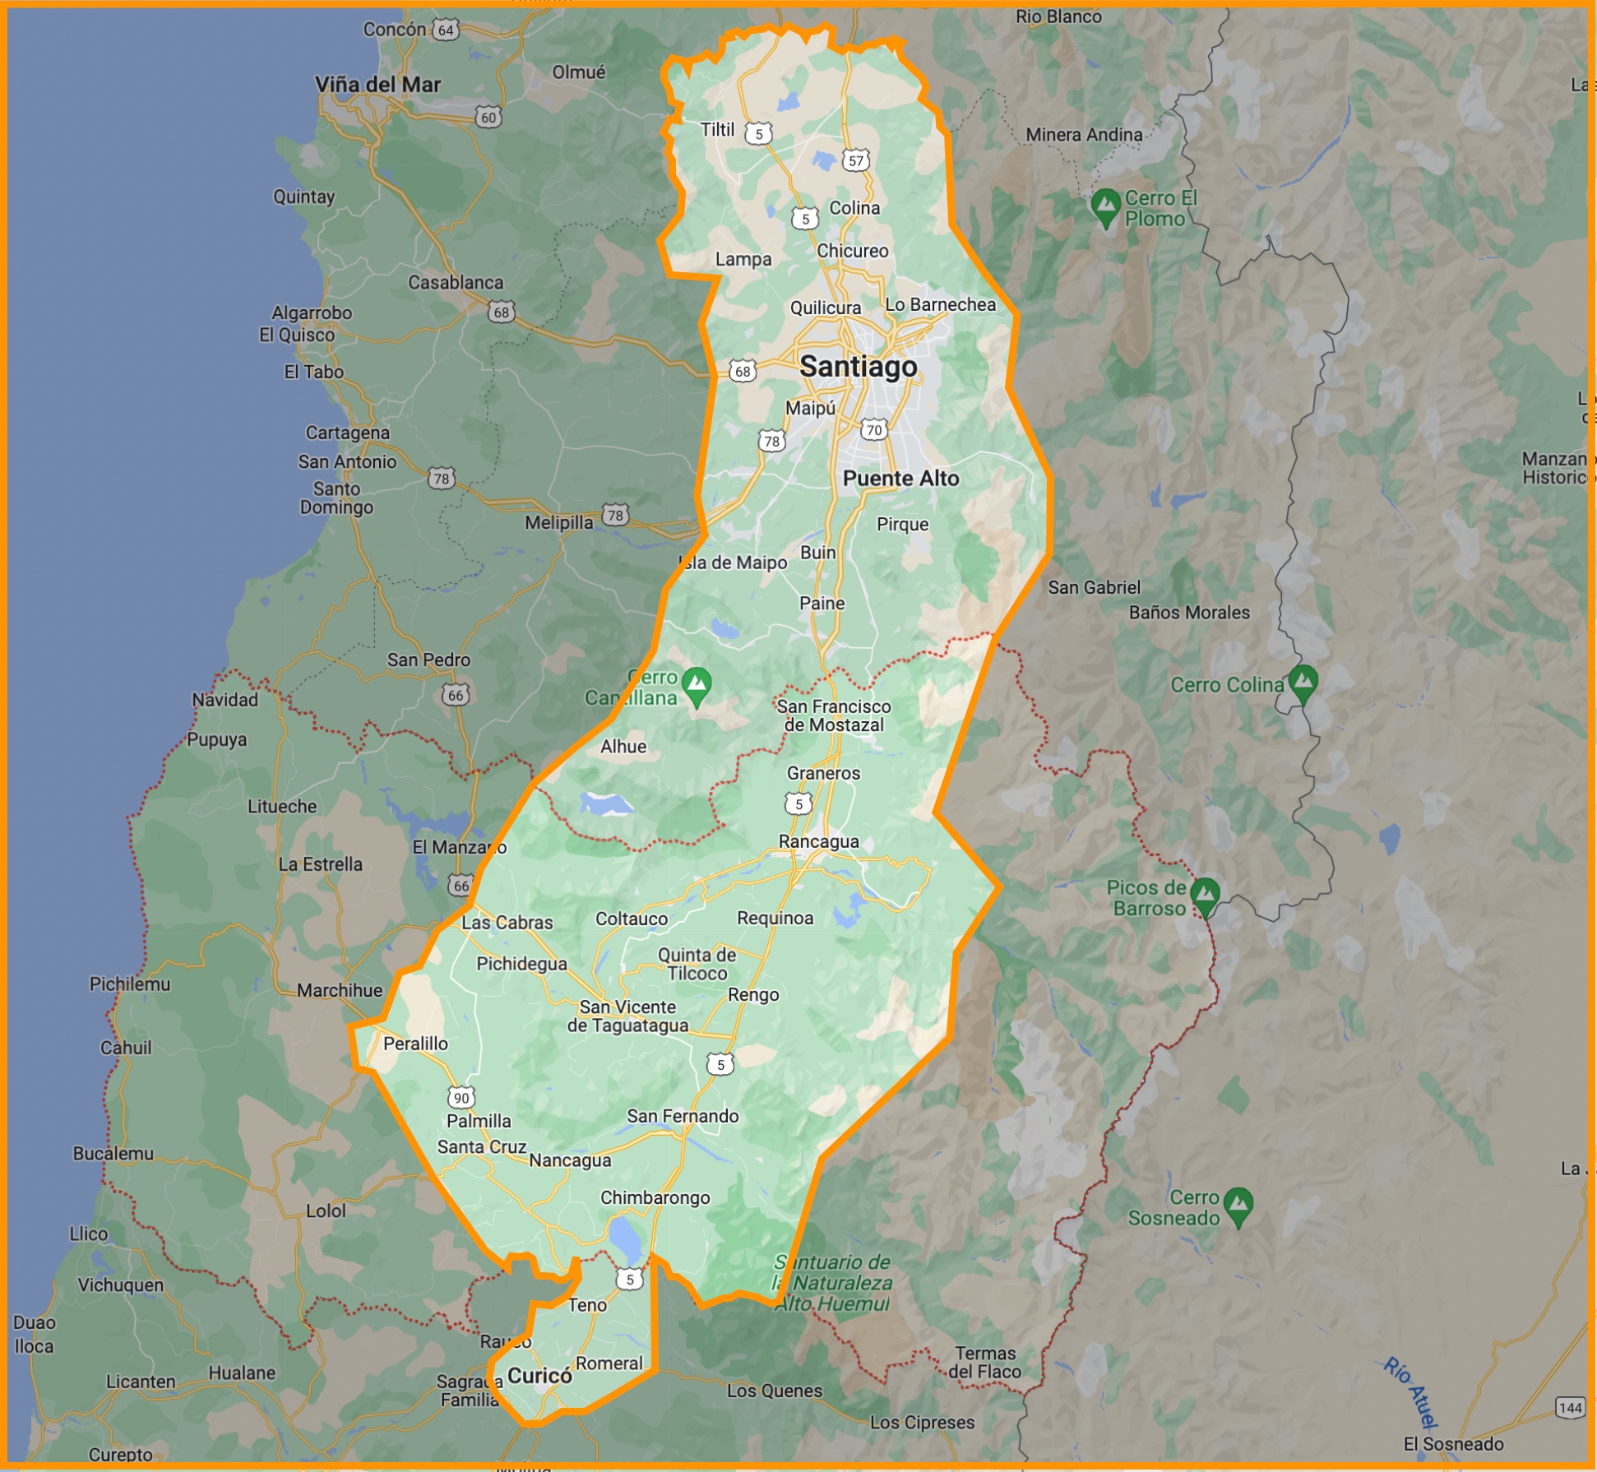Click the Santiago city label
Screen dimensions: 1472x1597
click(858, 367)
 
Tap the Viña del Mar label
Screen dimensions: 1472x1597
click(377, 85)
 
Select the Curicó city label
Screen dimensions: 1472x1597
click(539, 1376)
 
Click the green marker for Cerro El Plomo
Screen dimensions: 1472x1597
click(1105, 205)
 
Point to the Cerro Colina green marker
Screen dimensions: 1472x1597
click(1303, 683)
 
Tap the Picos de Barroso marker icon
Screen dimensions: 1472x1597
click(1205, 894)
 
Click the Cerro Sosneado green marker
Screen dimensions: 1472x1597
click(1238, 1205)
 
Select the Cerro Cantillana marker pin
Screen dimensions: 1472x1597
click(697, 684)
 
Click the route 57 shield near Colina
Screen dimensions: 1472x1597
click(856, 160)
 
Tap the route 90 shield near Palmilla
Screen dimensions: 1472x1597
click(461, 1097)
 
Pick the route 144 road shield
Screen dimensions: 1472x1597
click(1570, 1407)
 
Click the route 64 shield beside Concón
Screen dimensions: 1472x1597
click(446, 30)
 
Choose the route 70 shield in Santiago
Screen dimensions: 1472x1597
click(874, 429)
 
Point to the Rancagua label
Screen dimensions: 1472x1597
click(818, 841)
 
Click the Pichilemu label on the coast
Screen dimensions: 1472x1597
click(130, 984)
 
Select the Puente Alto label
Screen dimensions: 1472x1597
click(900, 479)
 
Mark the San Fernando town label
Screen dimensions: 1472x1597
click(683, 1116)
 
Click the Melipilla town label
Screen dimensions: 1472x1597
click(558, 522)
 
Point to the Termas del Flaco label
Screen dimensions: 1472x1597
click(984, 1363)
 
